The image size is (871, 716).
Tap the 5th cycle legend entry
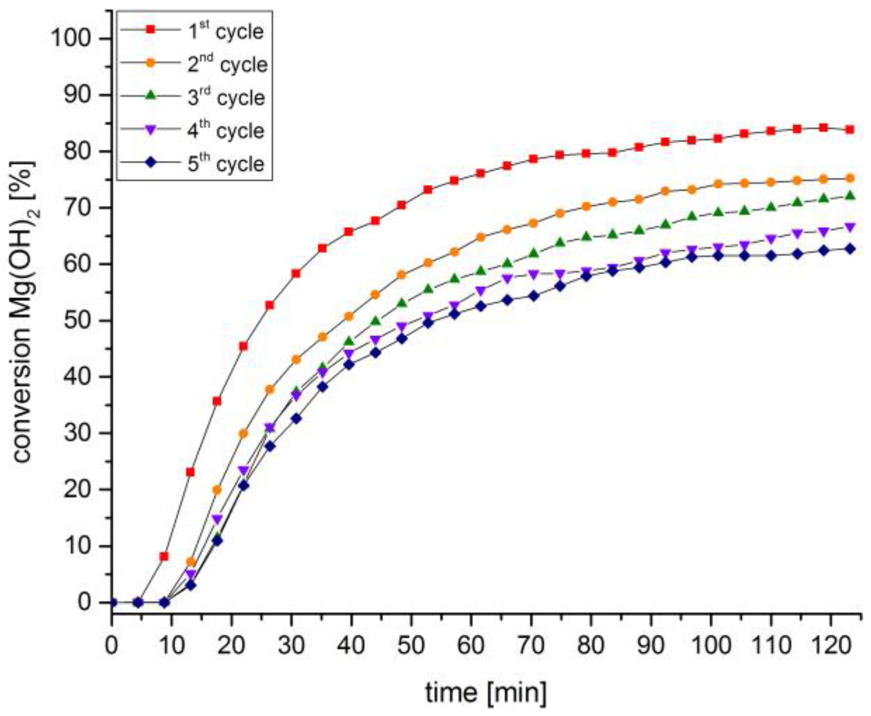(x=225, y=164)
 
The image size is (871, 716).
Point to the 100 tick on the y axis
(x=71, y=38)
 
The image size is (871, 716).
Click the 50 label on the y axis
(x=77, y=320)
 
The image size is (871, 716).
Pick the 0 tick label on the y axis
(x=84, y=602)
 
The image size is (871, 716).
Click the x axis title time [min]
(x=486, y=693)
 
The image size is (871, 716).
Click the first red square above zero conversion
(x=164, y=557)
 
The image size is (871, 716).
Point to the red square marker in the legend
(x=151, y=29)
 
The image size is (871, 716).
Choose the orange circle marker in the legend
(x=151, y=63)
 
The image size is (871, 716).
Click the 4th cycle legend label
(x=225, y=131)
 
